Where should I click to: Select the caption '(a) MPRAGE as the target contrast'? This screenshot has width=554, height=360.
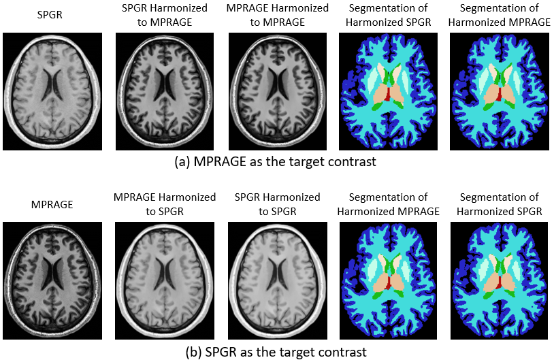click(x=274, y=163)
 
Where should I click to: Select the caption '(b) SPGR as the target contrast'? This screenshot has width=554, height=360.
click(x=276, y=352)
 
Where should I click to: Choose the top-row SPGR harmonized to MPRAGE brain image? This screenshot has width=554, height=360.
click(x=163, y=91)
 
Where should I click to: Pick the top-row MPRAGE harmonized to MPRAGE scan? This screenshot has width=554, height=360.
click(x=275, y=91)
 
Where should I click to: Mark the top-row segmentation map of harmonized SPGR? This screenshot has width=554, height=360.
click(x=387, y=91)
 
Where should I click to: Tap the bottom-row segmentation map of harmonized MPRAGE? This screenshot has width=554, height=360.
click(x=387, y=281)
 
